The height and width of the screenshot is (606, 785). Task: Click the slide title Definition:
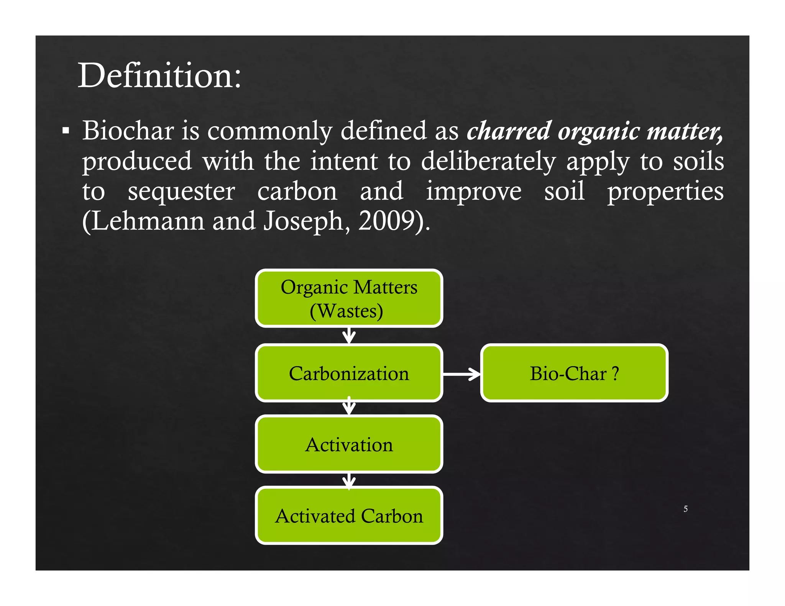click(159, 76)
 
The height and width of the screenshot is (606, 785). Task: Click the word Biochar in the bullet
click(128, 131)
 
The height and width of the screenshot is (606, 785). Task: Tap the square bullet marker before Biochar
click(66, 131)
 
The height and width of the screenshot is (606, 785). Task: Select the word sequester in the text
click(181, 192)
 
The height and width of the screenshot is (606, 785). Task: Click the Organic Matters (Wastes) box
click(349, 298)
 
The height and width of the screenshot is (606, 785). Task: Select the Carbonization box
click(349, 373)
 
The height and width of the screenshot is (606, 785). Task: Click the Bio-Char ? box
click(574, 373)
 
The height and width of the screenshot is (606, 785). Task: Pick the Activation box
click(349, 444)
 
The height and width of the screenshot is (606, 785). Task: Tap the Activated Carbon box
click(349, 516)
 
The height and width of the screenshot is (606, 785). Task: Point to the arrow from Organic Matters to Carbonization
click(349, 336)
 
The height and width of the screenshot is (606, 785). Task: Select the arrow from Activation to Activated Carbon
click(349, 480)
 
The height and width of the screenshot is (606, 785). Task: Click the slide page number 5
click(685, 509)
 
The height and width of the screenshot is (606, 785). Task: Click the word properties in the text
click(665, 192)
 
